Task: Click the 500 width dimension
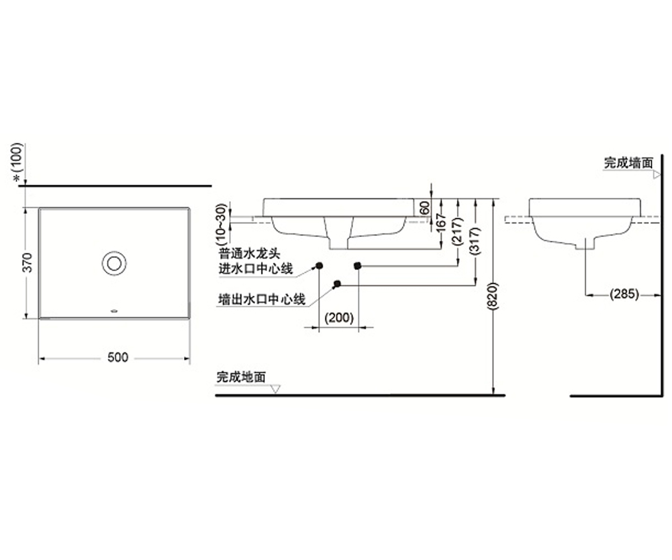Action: tap(118, 357)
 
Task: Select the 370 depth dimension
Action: tap(28, 263)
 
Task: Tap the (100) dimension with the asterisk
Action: tap(17, 162)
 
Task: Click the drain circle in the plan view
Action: tap(114, 263)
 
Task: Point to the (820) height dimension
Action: tap(493, 296)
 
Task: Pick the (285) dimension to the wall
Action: tap(624, 294)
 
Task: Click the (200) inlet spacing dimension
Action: tap(339, 318)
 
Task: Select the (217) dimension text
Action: tap(458, 232)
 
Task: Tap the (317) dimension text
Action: tap(475, 241)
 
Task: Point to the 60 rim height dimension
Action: tap(425, 208)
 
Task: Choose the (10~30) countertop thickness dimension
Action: tap(222, 223)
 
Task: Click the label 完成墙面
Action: tap(628, 163)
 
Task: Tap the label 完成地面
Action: tap(241, 377)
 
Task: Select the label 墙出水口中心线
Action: tap(262, 299)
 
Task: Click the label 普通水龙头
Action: tap(249, 254)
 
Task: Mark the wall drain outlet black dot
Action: tap(337, 283)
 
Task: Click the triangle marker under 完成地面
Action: tap(276, 389)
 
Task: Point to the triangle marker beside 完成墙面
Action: tap(656, 175)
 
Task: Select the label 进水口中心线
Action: tap(255, 269)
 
